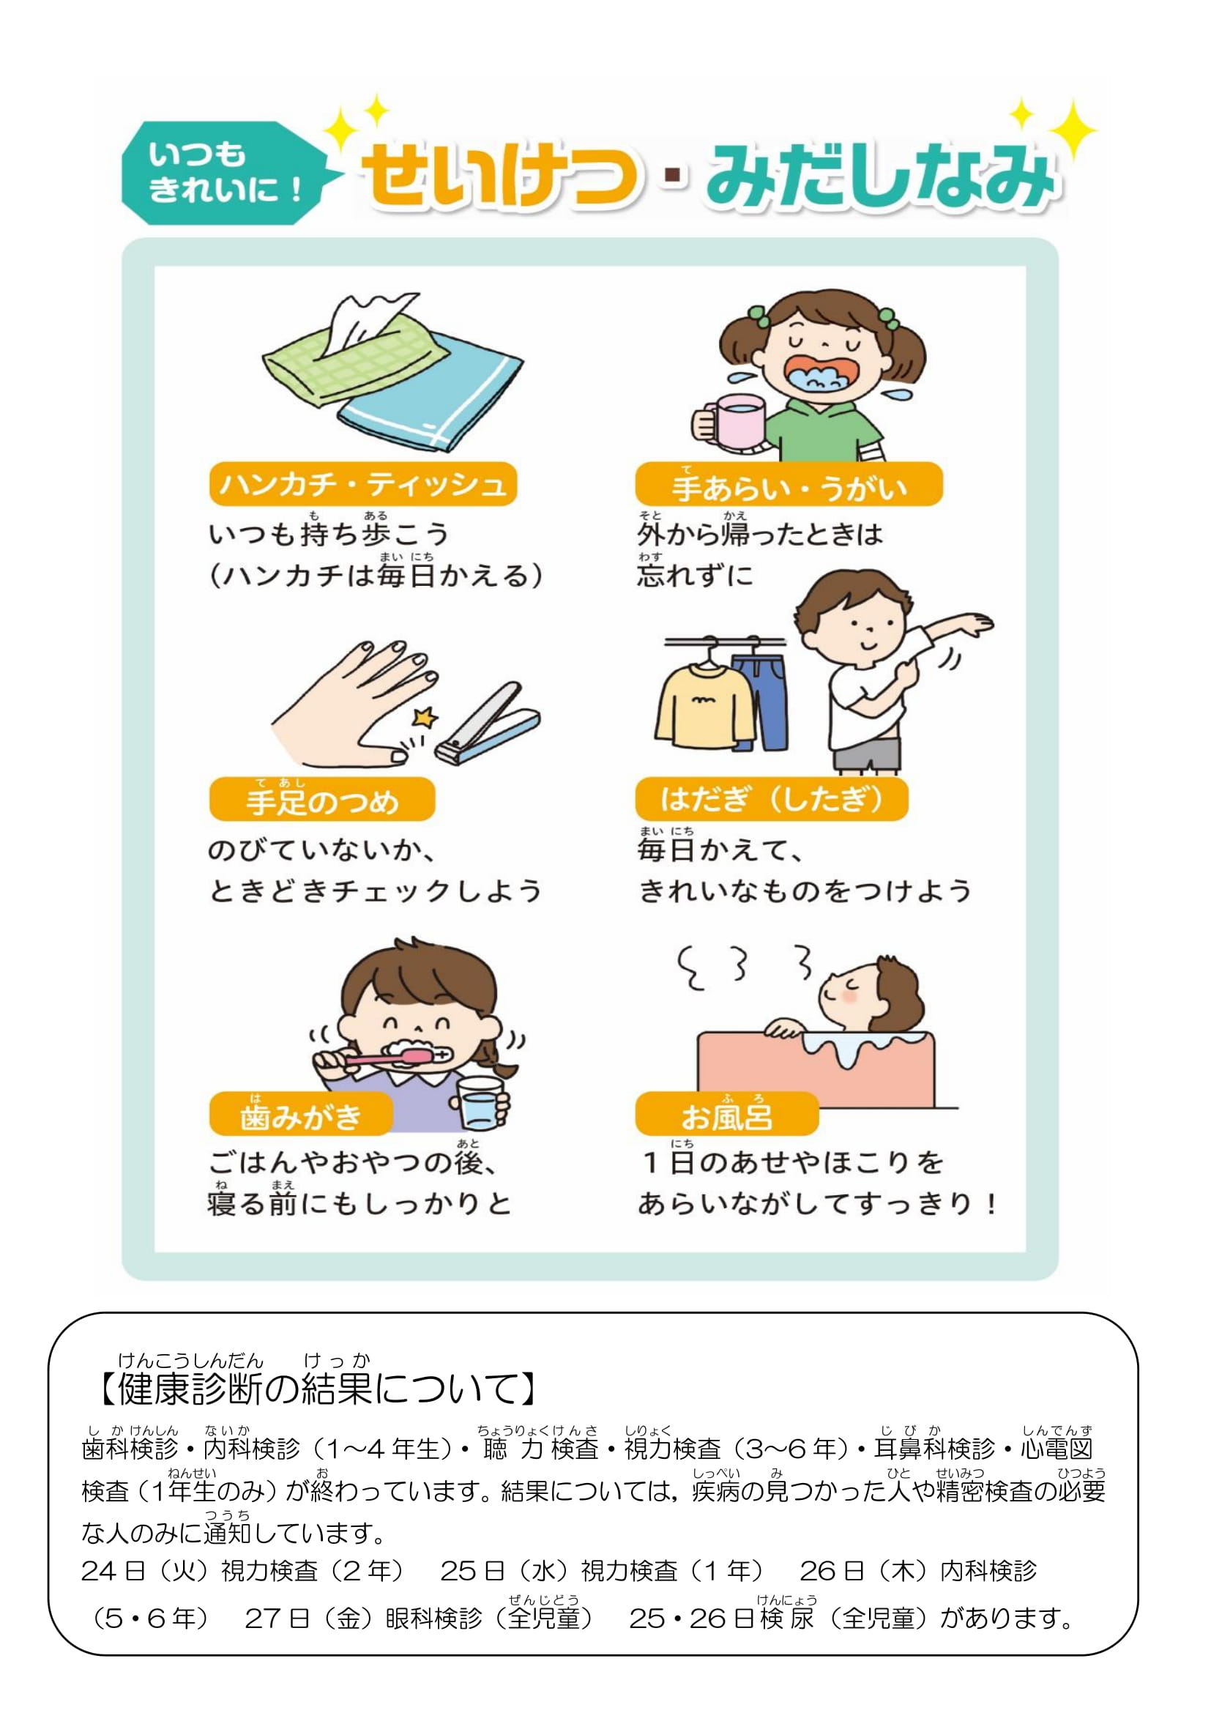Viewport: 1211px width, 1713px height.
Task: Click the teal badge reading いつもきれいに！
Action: [x=224, y=173]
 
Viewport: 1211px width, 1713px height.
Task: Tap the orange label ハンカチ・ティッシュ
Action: [x=363, y=484]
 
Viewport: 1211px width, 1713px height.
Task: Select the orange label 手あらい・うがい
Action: [x=789, y=484]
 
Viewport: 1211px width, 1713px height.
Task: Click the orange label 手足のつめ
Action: [x=322, y=799]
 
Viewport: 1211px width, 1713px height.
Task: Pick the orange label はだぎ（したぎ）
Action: [x=772, y=799]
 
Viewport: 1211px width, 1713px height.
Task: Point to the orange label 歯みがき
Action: [x=301, y=1114]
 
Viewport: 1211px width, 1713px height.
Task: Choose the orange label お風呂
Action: [x=727, y=1114]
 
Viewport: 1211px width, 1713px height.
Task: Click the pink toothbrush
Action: [x=388, y=1057]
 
